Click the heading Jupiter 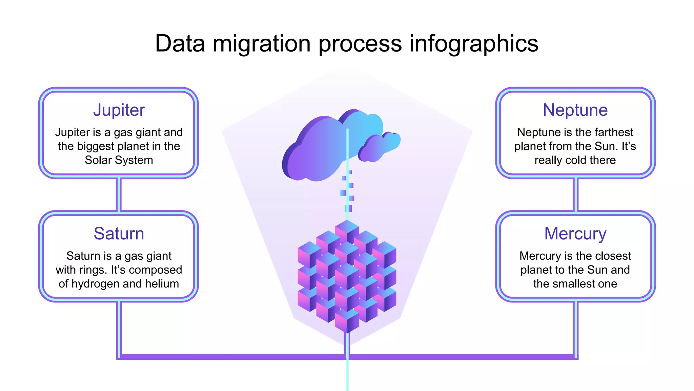(x=119, y=110)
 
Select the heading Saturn (x=119, y=234)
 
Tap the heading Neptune (x=575, y=110)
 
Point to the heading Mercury (x=575, y=234)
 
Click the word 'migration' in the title (x=262, y=44)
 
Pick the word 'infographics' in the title (x=474, y=44)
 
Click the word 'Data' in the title (x=180, y=43)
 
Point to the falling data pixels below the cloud (x=348, y=192)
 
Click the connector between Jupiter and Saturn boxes (x=119, y=194)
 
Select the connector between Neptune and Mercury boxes (x=575, y=194)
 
